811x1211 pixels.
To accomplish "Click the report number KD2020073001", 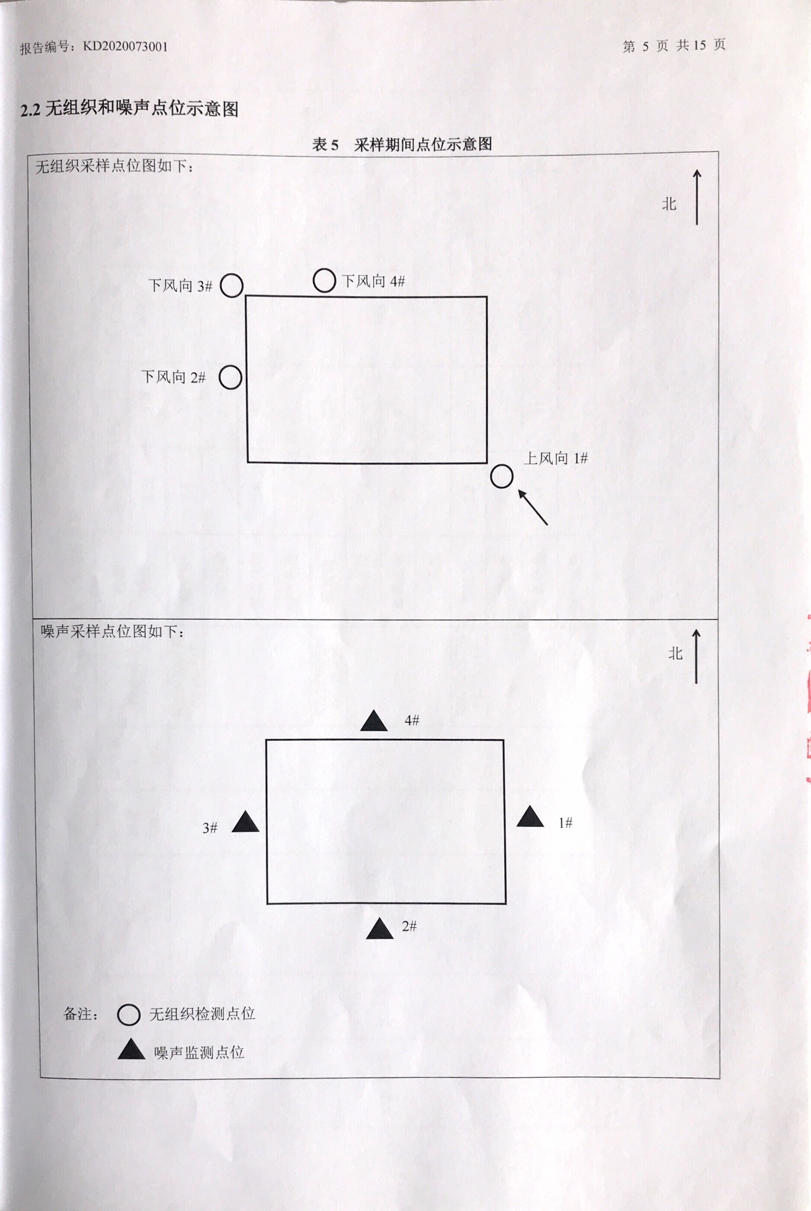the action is [x=125, y=47].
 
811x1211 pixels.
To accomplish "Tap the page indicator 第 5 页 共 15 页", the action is [x=674, y=46].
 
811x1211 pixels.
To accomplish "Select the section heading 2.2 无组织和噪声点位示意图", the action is [x=129, y=109].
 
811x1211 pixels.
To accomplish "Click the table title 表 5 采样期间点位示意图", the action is [x=402, y=145].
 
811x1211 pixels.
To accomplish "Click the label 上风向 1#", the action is [x=556, y=458].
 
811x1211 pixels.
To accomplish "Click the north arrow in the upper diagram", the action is [x=696, y=197].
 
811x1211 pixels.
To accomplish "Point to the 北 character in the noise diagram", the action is [x=675, y=653].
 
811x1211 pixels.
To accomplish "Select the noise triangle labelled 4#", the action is [x=374, y=721].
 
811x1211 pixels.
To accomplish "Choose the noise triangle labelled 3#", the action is [x=245, y=823].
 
